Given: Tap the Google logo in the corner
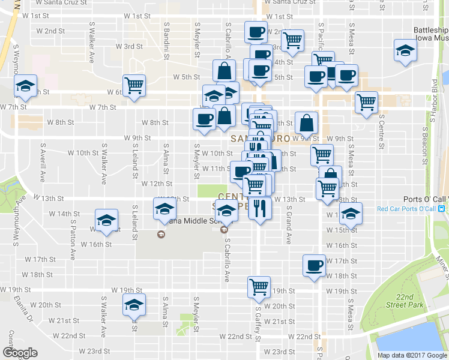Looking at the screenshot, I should (20, 352).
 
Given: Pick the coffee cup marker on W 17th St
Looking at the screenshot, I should (314, 265).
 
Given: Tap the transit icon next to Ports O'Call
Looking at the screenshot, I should (441, 209).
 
